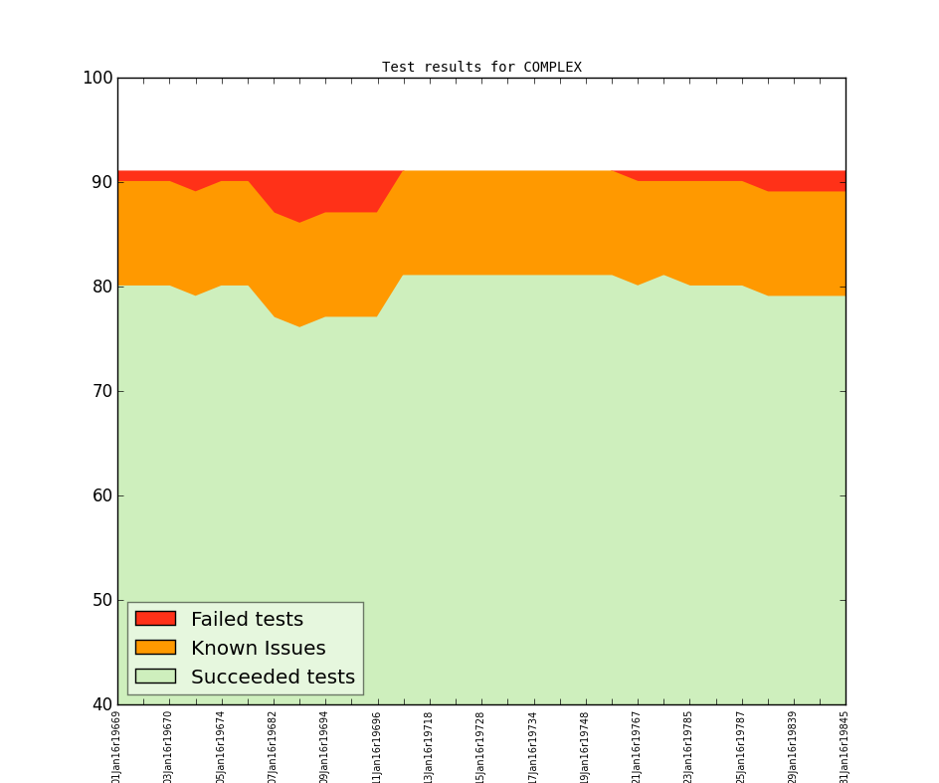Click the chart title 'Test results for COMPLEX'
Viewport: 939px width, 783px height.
click(x=481, y=68)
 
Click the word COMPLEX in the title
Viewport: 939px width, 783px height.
click(x=552, y=68)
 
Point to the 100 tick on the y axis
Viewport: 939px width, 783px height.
click(x=97, y=78)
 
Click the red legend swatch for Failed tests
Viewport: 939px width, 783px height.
click(x=155, y=619)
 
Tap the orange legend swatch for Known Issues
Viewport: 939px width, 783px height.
click(x=155, y=648)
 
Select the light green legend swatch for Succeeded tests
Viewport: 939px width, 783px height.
click(x=155, y=677)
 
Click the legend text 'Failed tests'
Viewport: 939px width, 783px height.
click(x=247, y=620)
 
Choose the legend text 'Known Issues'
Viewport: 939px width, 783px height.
click(x=258, y=649)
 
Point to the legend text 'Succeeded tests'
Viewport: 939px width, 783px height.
click(x=273, y=678)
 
